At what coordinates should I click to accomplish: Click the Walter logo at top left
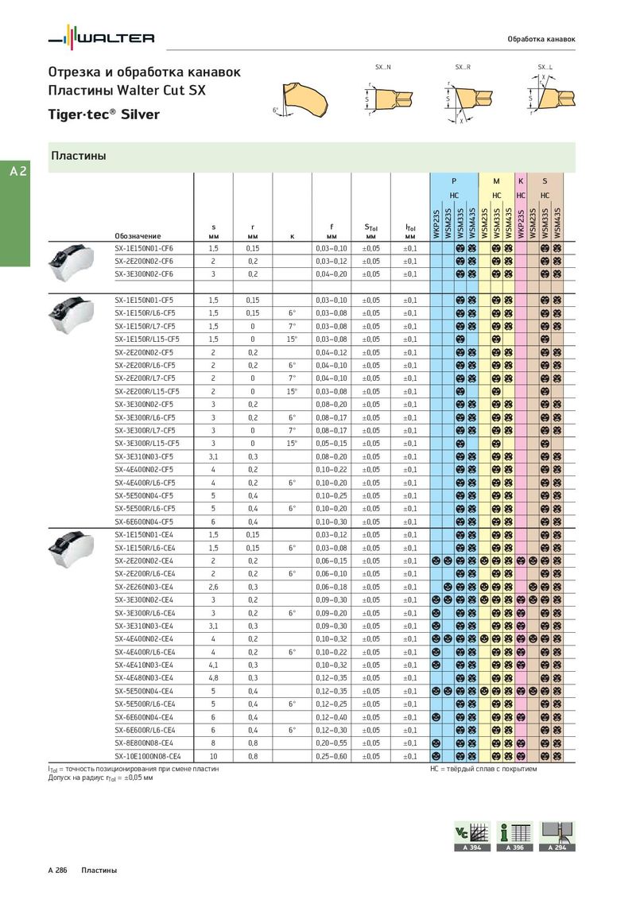pyautogui.click(x=101, y=37)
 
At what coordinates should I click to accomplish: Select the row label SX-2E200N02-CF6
pyautogui.click(x=143, y=261)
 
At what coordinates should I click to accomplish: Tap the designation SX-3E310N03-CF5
pyautogui.click(x=143, y=456)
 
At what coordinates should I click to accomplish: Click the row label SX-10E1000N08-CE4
pyautogui.click(x=148, y=756)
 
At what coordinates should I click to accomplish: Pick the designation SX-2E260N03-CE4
pyautogui.click(x=145, y=587)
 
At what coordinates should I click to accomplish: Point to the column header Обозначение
pyautogui.click(x=138, y=235)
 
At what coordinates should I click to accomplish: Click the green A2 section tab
pyautogui.click(x=17, y=171)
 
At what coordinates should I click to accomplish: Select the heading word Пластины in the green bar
pyautogui.click(x=79, y=156)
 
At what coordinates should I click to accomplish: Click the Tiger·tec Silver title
pyautogui.click(x=104, y=114)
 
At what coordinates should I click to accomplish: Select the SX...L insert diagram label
pyautogui.click(x=545, y=67)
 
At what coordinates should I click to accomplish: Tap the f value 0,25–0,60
pyautogui.click(x=332, y=756)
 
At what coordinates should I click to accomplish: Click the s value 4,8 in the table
pyautogui.click(x=213, y=677)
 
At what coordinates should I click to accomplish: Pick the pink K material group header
pyautogui.click(x=521, y=181)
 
